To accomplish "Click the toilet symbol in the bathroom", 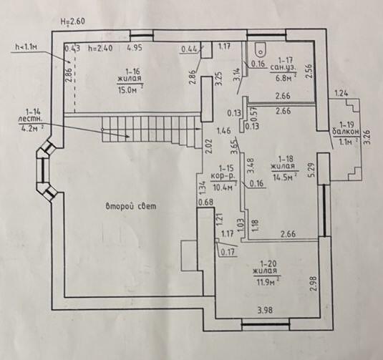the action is [x=261, y=49].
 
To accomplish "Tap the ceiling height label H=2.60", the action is [x=73, y=21].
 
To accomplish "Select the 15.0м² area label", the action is [x=130, y=89].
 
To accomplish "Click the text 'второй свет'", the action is [x=131, y=206].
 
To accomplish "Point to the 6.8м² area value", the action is [x=283, y=78].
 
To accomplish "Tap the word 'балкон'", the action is [x=346, y=132].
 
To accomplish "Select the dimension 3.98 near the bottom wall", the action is [x=265, y=310].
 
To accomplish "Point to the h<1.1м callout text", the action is [x=26, y=47].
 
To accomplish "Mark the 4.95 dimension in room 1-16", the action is [x=135, y=48].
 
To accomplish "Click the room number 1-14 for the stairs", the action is [x=33, y=112].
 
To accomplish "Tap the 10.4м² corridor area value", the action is [x=223, y=188].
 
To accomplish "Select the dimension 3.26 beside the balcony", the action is [x=368, y=138].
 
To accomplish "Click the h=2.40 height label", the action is [x=101, y=48].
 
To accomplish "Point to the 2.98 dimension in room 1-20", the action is [x=314, y=283].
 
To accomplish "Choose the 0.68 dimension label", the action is [x=205, y=203].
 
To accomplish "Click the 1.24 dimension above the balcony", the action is [x=341, y=93].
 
